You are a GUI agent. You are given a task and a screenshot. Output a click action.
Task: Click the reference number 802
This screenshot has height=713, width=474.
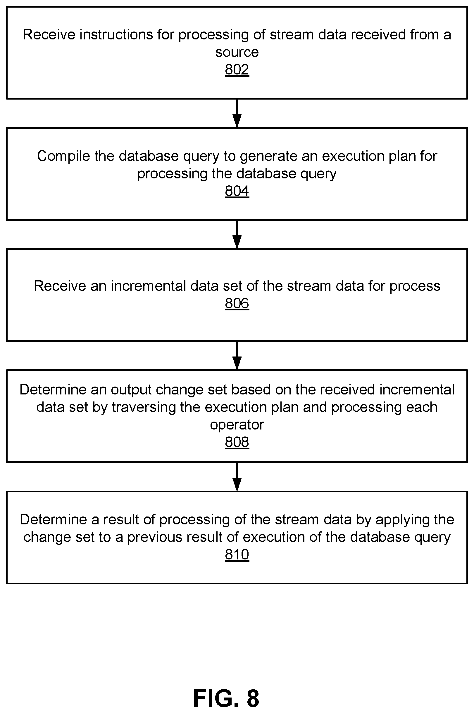tap(237, 70)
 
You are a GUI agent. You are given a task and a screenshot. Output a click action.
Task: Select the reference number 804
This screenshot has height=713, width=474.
tap(237, 191)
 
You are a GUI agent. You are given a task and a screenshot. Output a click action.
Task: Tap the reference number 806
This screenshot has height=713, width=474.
tap(237, 303)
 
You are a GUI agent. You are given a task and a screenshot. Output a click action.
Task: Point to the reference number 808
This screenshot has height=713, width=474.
tap(237, 442)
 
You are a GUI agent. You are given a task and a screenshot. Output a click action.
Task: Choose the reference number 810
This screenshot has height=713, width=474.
tap(237, 554)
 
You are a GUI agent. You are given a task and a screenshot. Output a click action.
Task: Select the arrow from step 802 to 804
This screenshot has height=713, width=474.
tap(237, 113)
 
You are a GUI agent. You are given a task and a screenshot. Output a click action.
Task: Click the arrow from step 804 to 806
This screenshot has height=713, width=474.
tap(237, 234)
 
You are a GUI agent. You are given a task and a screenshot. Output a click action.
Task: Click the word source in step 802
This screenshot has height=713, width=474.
tap(237, 53)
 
